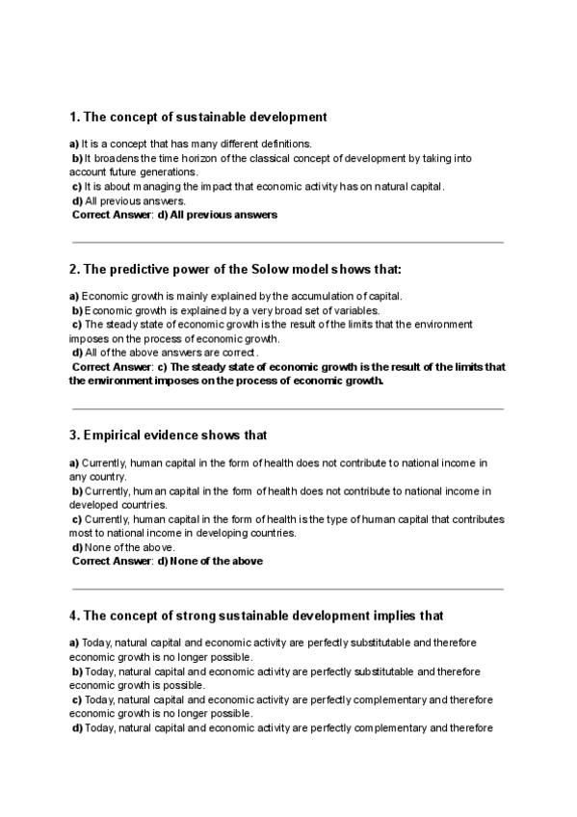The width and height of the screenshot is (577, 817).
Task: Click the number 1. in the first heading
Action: click(x=74, y=118)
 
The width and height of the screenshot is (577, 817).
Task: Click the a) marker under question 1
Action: click(x=73, y=144)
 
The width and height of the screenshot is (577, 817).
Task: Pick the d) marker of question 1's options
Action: click(x=78, y=200)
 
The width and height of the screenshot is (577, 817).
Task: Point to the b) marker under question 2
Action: click(x=78, y=310)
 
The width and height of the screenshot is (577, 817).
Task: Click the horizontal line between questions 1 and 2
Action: click(x=287, y=243)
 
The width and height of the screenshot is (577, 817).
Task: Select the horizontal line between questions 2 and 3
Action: click(x=287, y=409)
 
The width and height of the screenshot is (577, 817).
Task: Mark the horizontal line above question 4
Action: click(x=287, y=589)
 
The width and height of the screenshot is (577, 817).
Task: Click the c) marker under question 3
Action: click(x=77, y=519)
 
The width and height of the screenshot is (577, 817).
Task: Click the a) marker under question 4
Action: click(x=73, y=642)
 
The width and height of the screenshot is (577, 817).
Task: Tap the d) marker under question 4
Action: click(x=78, y=727)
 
